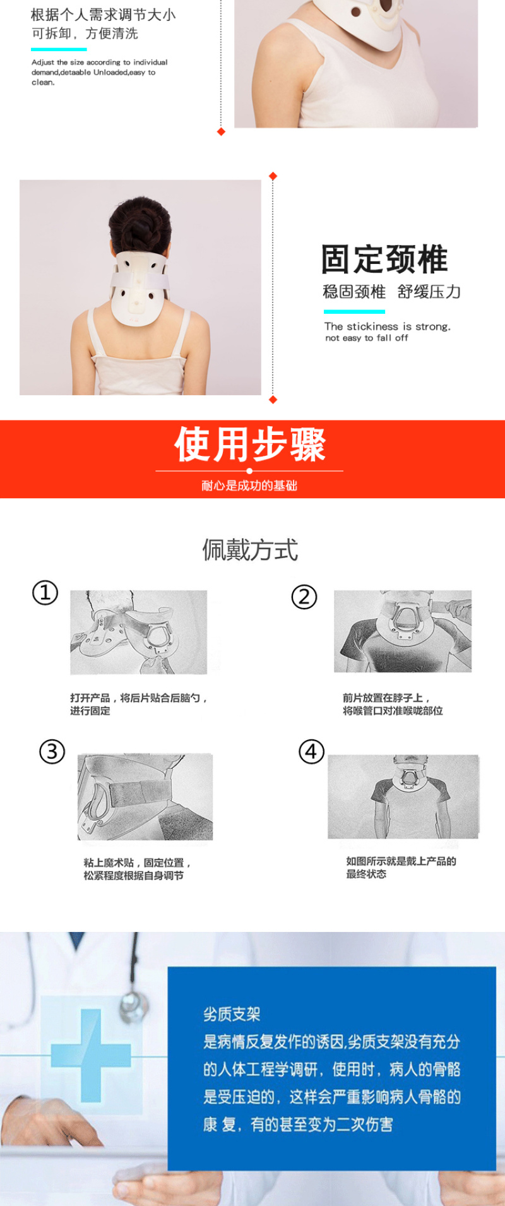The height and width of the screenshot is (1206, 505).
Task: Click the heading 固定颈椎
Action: [x=384, y=260]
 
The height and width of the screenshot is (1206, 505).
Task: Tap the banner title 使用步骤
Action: [x=250, y=444]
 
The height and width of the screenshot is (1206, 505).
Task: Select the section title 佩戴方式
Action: [x=250, y=550]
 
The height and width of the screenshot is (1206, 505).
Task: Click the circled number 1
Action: [x=45, y=593]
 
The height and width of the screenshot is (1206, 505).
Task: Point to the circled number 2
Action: [x=304, y=597]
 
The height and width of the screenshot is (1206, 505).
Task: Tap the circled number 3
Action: [x=52, y=751]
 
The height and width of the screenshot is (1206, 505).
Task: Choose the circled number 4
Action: [x=311, y=751]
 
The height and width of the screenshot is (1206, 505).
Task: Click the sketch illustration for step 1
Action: [x=139, y=632]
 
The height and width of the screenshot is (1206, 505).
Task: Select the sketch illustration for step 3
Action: [x=145, y=797]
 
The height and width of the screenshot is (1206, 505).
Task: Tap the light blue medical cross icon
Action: [x=90, y=1055]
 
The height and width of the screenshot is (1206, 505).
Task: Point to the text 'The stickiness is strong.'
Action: [x=388, y=326]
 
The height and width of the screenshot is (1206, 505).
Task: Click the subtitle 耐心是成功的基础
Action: [x=249, y=486]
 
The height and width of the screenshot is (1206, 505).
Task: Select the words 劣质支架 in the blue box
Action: [x=232, y=1015]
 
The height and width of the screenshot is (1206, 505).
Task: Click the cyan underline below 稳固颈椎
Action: [x=354, y=311]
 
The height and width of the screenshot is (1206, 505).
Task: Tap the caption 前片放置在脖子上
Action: [x=386, y=698]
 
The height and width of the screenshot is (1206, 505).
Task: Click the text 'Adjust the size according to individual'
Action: [x=100, y=63]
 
